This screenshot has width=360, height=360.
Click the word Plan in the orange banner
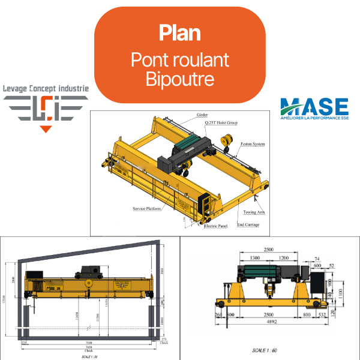pyautogui.click(x=179, y=32)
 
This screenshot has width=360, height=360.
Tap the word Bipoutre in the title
pyautogui.click(x=179, y=79)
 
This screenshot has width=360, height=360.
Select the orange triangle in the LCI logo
pyautogui.click(x=46, y=128)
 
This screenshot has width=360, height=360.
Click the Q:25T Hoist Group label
pyautogui.click(x=221, y=122)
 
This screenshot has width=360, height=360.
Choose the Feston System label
pyautogui.click(x=251, y=144)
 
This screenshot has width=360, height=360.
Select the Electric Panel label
pyautogui.click(x=215, y=226)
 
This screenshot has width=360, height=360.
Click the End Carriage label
pyautogui.click(x=248, y=224)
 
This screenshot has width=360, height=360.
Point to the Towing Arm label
pyautogui.click(x=254, y=212)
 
